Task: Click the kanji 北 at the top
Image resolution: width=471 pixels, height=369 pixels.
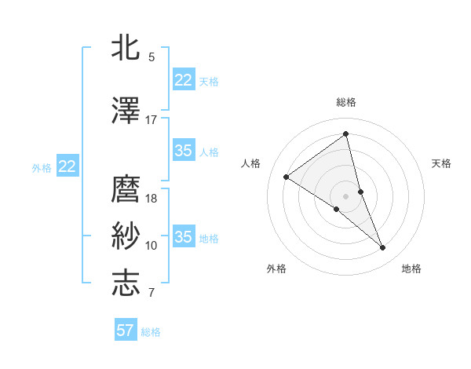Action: [126, 49]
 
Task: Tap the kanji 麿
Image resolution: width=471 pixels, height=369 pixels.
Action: [126, 189]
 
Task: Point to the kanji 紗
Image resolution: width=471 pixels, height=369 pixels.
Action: [126, 236]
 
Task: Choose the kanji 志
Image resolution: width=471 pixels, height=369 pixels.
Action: [126, 283]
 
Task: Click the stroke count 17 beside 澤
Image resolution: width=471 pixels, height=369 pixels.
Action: [152, 120]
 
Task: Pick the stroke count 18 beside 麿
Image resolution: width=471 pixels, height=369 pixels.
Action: [152, 199]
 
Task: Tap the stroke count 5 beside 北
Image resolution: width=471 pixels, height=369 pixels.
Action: [152, 57]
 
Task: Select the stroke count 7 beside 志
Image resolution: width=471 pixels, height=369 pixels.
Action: [152, 293]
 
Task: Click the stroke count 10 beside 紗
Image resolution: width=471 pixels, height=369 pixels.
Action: [152, 246]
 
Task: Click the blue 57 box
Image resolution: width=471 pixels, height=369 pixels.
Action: [126, 331]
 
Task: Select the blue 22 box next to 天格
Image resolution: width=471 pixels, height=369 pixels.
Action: [184, 79]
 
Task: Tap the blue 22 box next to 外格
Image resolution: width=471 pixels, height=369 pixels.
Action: [68, 166]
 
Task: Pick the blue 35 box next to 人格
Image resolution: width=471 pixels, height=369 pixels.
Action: [184, 151]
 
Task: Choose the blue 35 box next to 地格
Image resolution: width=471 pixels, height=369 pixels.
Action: [184, 236]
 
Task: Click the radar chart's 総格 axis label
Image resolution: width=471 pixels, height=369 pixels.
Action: [345, 102]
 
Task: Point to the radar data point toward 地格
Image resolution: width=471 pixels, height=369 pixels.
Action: [383, 248]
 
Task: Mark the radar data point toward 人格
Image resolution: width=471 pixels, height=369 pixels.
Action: [287, 177]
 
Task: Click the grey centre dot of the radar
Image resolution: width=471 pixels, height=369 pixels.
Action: [345, 195]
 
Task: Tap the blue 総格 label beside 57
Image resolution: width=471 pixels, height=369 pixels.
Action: [151, 332]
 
